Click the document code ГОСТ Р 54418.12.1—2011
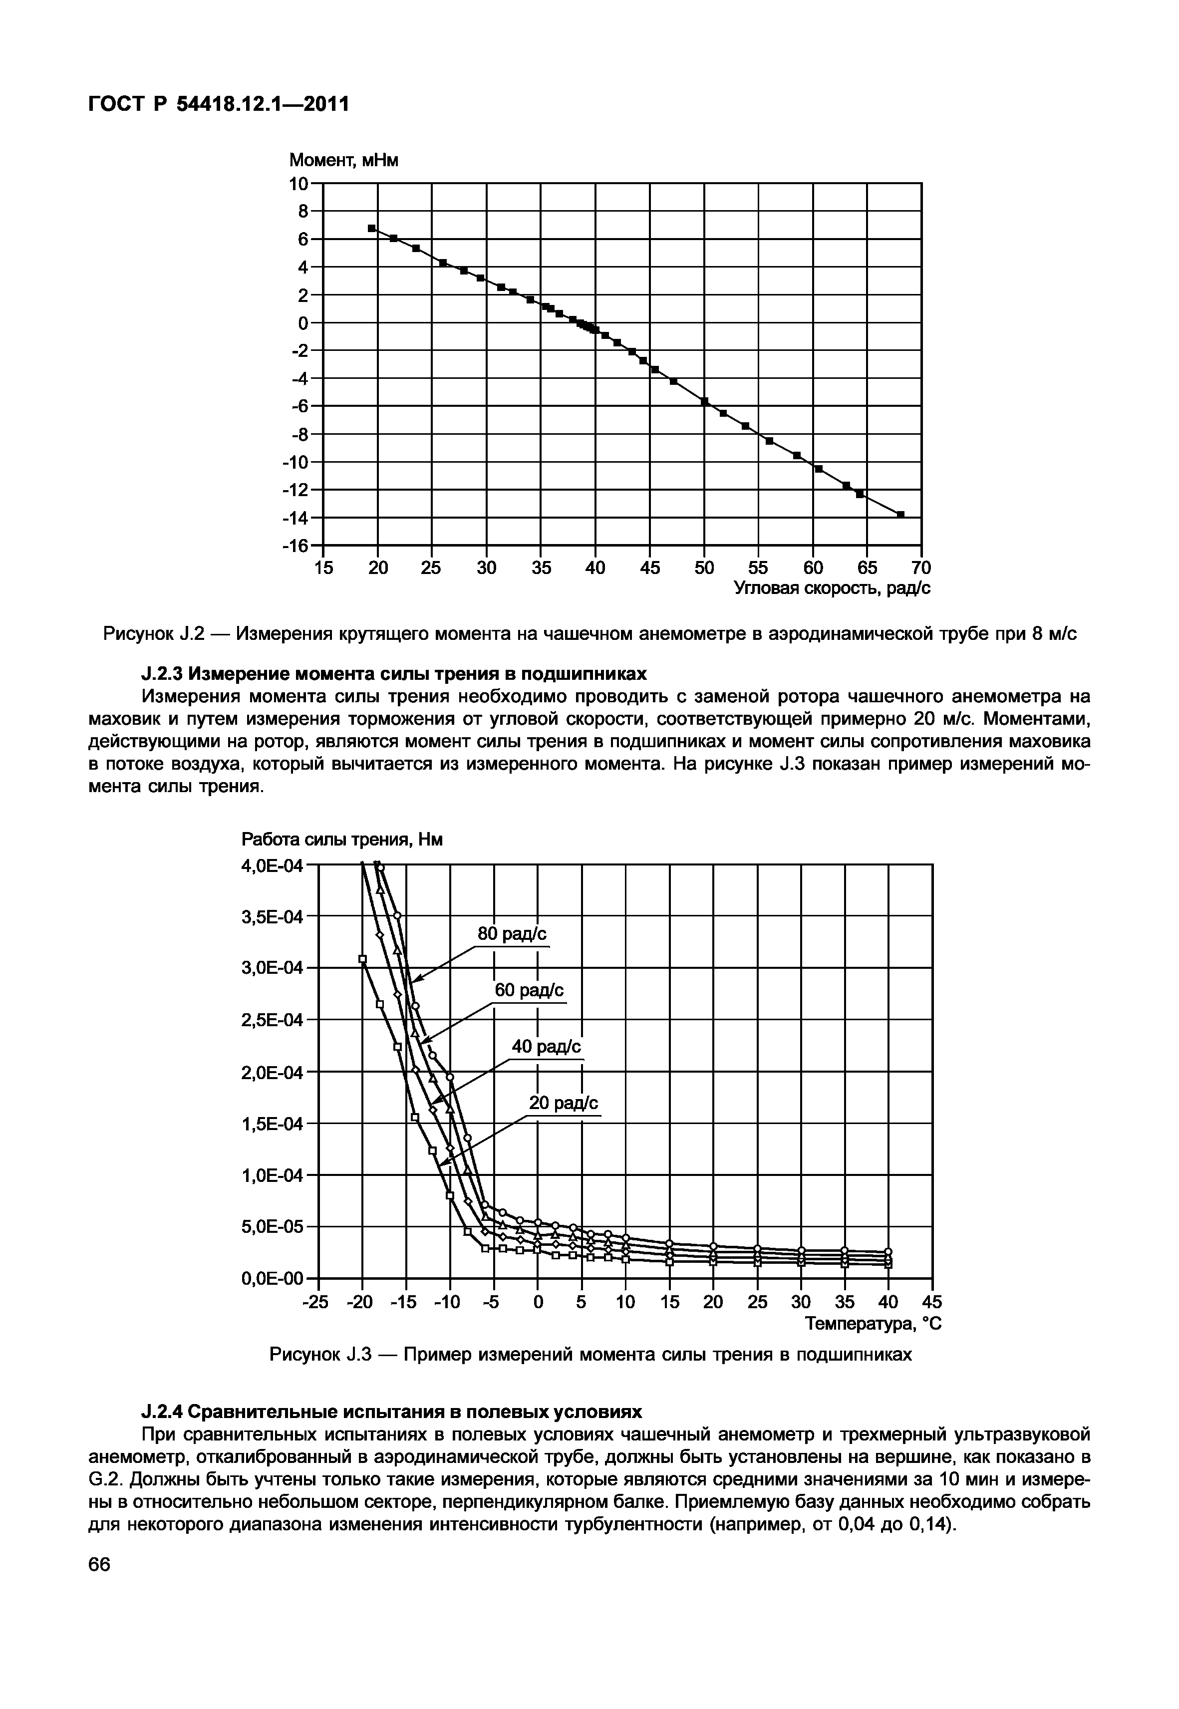[218, 105]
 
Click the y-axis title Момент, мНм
[343, 160]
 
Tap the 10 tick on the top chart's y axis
[298, 183]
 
